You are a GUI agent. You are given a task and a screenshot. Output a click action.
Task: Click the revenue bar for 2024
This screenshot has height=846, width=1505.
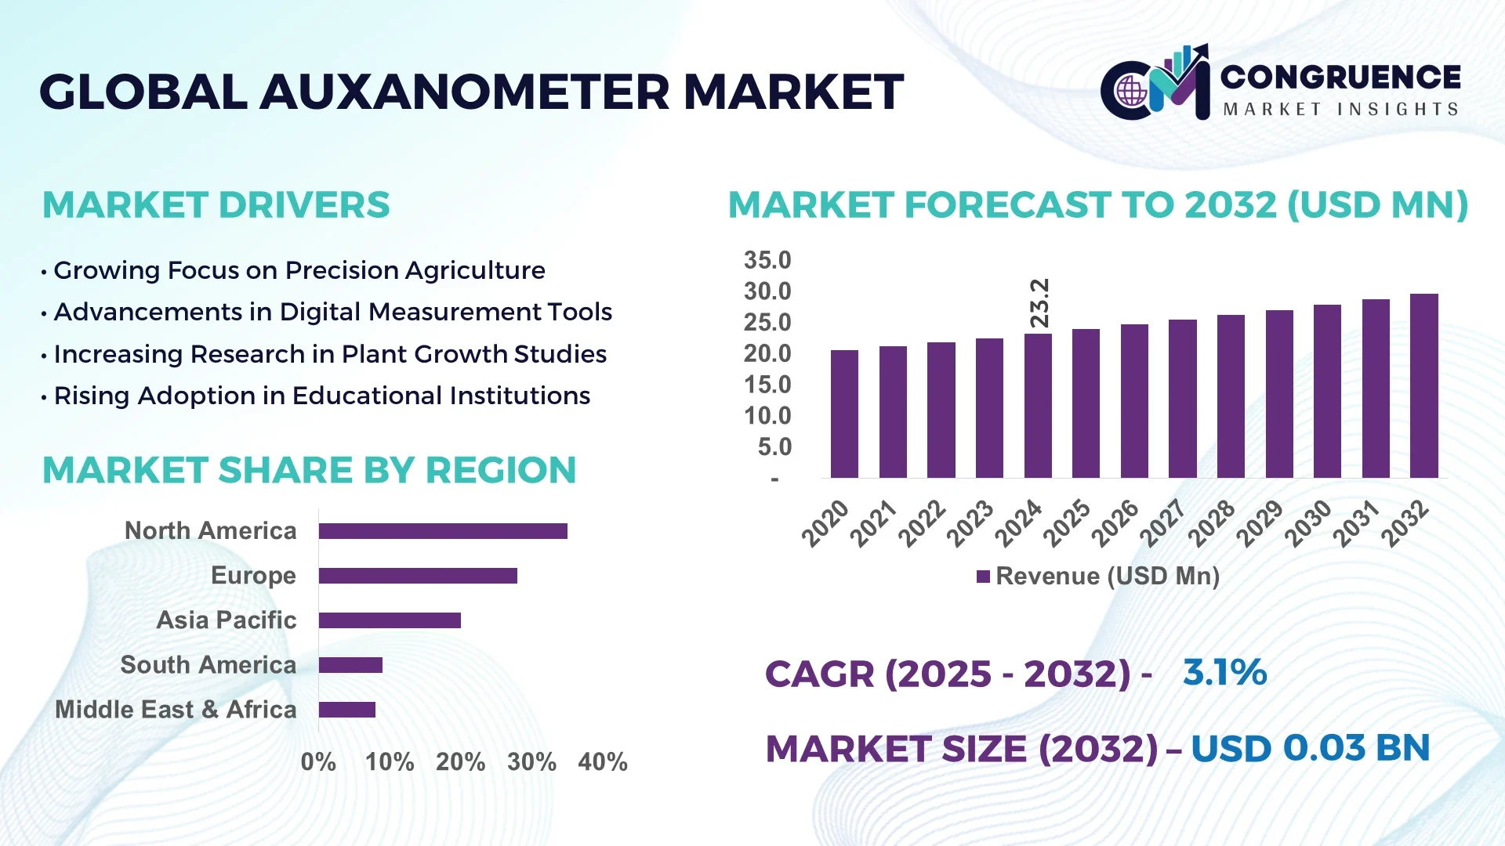[x=1038, y=406]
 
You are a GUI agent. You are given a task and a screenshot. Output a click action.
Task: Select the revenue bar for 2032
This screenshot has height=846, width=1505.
[x=1423, y=385]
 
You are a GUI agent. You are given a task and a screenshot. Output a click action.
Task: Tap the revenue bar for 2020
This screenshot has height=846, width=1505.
[x=844, y=414]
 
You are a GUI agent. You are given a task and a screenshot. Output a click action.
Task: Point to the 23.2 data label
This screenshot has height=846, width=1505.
[x=1039, y=303]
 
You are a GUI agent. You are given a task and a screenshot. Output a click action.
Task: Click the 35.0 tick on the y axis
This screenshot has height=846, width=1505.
[x=767, y=260]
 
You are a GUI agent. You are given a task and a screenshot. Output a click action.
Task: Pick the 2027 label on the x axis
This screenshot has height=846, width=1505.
[x=1162, y=522]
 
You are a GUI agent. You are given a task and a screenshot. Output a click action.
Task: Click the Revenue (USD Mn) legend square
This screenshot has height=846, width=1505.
[x=983, y=577]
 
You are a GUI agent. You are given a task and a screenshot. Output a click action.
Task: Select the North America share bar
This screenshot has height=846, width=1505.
[x=443, y=531]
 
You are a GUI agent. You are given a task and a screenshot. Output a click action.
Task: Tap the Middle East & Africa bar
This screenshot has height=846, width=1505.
[x=347, y=710]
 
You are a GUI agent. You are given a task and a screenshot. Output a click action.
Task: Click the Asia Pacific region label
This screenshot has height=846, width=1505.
[x=227, y=620]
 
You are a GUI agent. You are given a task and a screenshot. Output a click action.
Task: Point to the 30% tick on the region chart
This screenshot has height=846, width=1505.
[x=531, y=761]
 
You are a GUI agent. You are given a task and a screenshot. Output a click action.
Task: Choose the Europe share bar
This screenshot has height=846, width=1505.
[x=418, y=576]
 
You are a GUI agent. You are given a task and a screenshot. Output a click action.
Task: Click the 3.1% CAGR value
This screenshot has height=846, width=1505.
[x=1224, y=673]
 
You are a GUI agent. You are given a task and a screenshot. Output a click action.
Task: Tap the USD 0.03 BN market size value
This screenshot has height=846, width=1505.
[x=1310, y=748]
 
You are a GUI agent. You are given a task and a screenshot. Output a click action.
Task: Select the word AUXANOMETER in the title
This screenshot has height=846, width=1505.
[x=465, y=92]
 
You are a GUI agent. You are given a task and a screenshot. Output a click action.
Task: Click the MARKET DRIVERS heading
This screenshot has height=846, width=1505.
[x=216, y=205]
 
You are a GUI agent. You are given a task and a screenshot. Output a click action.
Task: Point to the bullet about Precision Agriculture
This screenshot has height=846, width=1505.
[x=299, y=270]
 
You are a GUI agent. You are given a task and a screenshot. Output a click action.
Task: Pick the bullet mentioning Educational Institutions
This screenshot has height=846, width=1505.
[x=321, y=396]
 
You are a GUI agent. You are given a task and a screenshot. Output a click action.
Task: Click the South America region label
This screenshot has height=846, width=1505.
[x=209, y=665]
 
